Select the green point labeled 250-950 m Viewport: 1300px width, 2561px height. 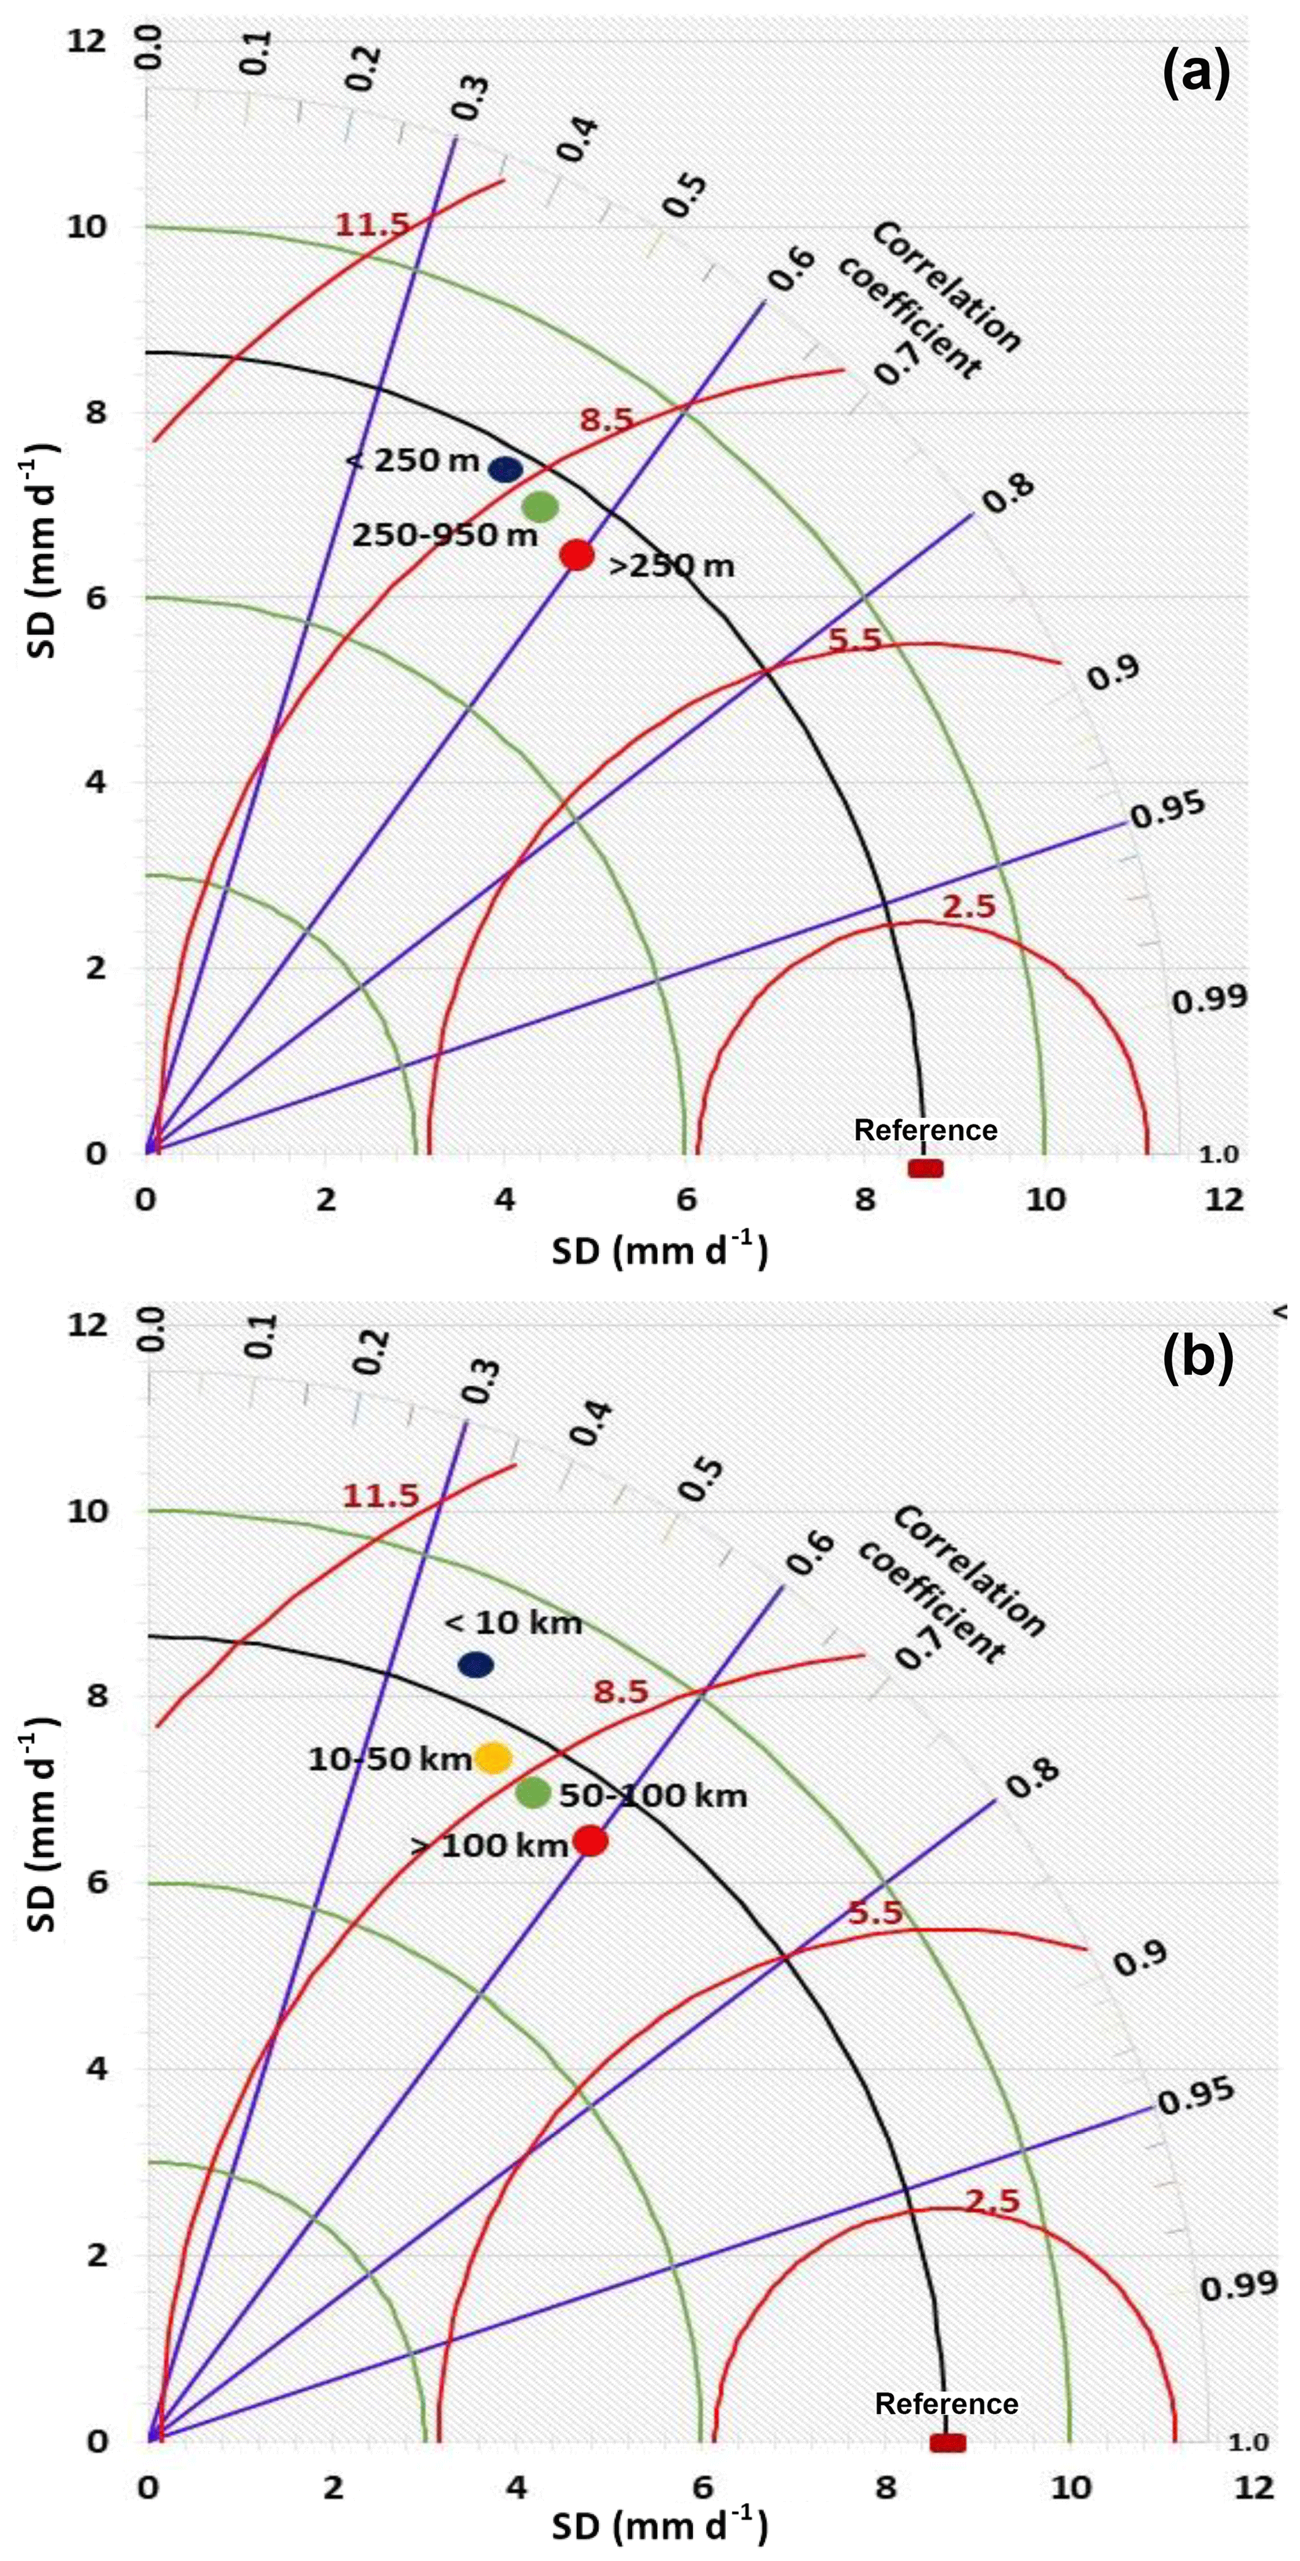click(x=540, y=507)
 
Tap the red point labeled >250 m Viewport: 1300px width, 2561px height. click(x=577, y=555)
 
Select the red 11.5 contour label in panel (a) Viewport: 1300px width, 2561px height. click(x=372, y=225)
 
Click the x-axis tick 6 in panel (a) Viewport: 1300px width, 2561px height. click(x=686, y=1200)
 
